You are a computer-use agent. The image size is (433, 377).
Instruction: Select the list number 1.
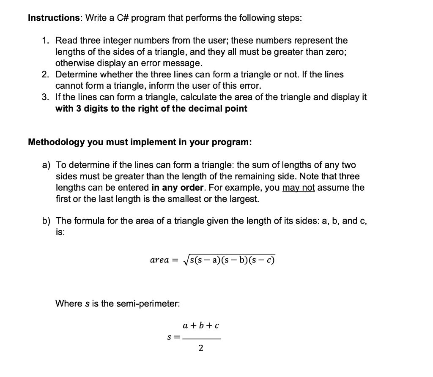pyautogui.click(x=45, y=41)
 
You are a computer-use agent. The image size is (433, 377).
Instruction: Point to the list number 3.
pyautogui.click(x=45, y=97)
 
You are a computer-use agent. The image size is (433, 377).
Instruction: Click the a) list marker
pyautogui.click(x=46, y=165)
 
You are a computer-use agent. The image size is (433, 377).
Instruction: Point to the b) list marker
pyautogui.click(x=46, y=221)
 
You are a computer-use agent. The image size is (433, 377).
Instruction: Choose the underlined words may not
pyautogui.click(x=298, y=187)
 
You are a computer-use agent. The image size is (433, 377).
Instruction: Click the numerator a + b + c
pyautogui.click(x=200, y=326)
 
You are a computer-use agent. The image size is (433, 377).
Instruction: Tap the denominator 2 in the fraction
pyautogui.click(x=200, y=349)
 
